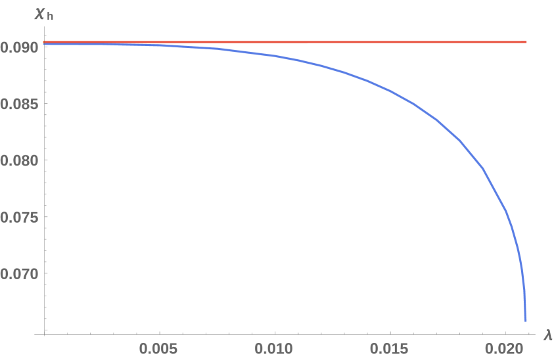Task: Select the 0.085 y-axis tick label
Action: [x=18, y=104]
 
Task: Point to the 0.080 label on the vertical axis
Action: [x=18, y=161]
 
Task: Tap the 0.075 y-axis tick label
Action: [x=18, y=217]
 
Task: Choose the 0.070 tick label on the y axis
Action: [x=18, y=274]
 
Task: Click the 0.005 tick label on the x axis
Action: [x=159, y=347]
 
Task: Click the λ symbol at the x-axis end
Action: [x=547, y=335]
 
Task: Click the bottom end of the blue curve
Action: [x=525, y=320]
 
